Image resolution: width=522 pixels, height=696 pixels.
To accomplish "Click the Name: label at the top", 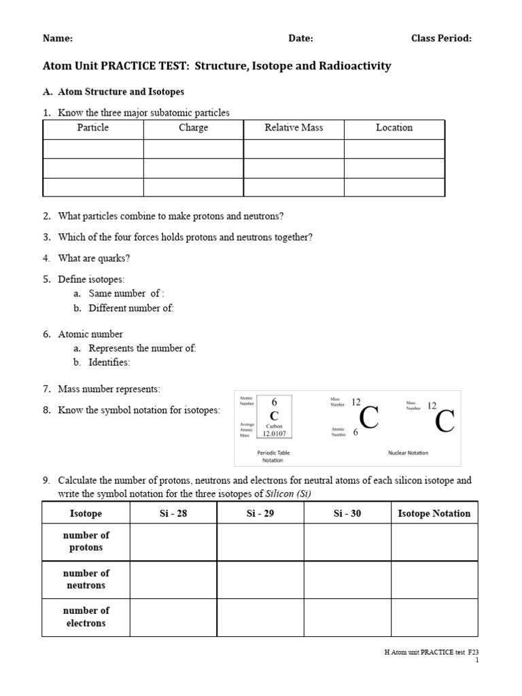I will [x=58, y=39].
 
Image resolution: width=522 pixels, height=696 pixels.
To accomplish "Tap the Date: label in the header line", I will [x=300, y=39].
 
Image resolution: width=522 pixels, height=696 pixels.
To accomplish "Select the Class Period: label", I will [x=441, y=39].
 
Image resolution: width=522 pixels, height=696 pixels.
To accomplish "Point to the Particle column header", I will [x=93, y=128].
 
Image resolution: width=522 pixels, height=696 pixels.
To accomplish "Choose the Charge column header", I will [x=193, y=128].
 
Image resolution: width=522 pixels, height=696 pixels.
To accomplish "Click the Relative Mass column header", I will [x=294, y=128].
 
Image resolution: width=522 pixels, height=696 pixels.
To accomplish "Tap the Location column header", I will [x=394, y=128].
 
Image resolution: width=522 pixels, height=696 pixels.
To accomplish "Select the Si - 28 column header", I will [x=173, y=514].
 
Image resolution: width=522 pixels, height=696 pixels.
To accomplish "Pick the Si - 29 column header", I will [x=260, y=514].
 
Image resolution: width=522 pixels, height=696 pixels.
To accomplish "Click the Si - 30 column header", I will [x=347, y=514].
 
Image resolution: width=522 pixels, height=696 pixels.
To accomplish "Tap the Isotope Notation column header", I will [x=434, y=514].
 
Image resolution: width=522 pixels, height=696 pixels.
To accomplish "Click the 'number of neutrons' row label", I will [x=86, y=579].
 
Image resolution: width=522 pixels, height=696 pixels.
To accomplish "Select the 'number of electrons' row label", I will [x=86, y=616].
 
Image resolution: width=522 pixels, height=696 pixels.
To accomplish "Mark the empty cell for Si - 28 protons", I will [x=173, y=542].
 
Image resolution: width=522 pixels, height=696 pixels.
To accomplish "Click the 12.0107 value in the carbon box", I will [x=275, y=434].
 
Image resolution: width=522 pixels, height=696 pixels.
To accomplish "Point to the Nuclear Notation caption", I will [x=408, y=453].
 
